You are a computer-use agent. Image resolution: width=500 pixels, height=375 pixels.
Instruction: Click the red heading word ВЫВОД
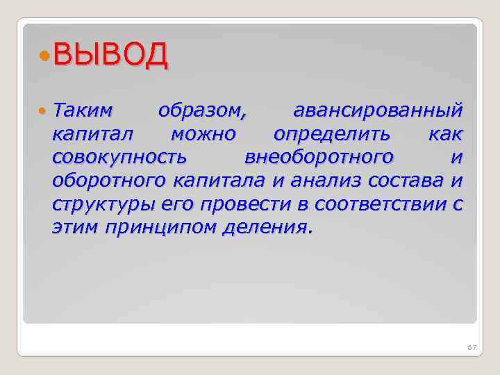coord(110,55)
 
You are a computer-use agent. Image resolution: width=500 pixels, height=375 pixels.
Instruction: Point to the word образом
coord(201,110)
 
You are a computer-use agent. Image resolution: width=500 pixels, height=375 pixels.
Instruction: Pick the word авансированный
coord(378,110)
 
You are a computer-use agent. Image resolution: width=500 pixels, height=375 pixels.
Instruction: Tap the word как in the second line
coord(445,133)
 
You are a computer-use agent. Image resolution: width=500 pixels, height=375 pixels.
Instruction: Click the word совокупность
coord(119,157)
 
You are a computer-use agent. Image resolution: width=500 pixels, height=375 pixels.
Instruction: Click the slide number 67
coord(472,347)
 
